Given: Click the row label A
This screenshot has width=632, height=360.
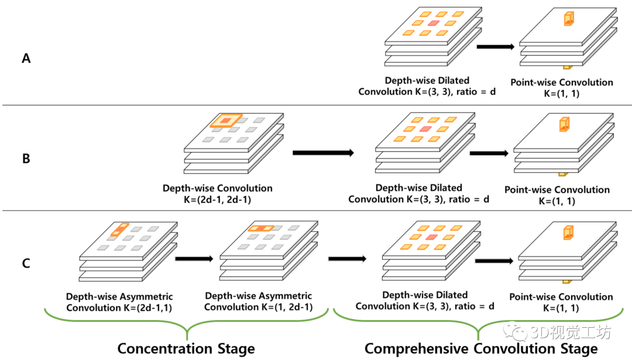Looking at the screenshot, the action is [26, 59].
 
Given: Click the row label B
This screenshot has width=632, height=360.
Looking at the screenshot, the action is [26, 159].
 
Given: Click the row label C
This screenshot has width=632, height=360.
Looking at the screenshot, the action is [26, 263].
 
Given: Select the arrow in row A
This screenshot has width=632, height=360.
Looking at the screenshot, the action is [496, 47].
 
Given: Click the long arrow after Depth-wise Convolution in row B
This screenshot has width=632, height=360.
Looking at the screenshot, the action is [323, 153].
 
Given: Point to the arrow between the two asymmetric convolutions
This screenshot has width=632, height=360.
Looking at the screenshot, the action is [194, 259].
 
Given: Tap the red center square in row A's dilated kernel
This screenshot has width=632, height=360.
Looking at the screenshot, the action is [433, 23].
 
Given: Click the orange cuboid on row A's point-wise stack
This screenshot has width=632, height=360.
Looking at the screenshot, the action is [569, 19].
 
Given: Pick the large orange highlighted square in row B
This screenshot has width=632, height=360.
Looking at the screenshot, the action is [226, 121].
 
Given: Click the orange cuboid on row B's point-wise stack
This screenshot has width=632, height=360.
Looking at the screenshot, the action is [564, 124].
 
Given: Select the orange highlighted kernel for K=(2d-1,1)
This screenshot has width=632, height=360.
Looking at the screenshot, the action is [120, 229].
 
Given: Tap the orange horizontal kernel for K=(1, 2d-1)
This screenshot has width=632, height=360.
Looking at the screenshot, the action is [261, 228].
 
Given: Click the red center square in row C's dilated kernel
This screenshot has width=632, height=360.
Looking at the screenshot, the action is [431, 237].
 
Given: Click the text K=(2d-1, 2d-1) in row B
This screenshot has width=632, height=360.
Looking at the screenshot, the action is [217, 200].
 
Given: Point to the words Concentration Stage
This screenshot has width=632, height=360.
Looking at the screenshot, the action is [186, 349].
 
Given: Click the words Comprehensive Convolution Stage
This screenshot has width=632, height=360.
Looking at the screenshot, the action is [481, 349].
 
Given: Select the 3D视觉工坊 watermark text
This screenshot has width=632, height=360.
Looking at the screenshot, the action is [571, 332].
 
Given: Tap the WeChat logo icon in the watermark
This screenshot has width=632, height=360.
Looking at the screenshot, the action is [515, 331].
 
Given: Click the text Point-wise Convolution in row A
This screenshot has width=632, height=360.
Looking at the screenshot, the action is [562, 82].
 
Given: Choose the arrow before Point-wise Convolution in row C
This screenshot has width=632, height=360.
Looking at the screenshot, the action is [494, 261].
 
